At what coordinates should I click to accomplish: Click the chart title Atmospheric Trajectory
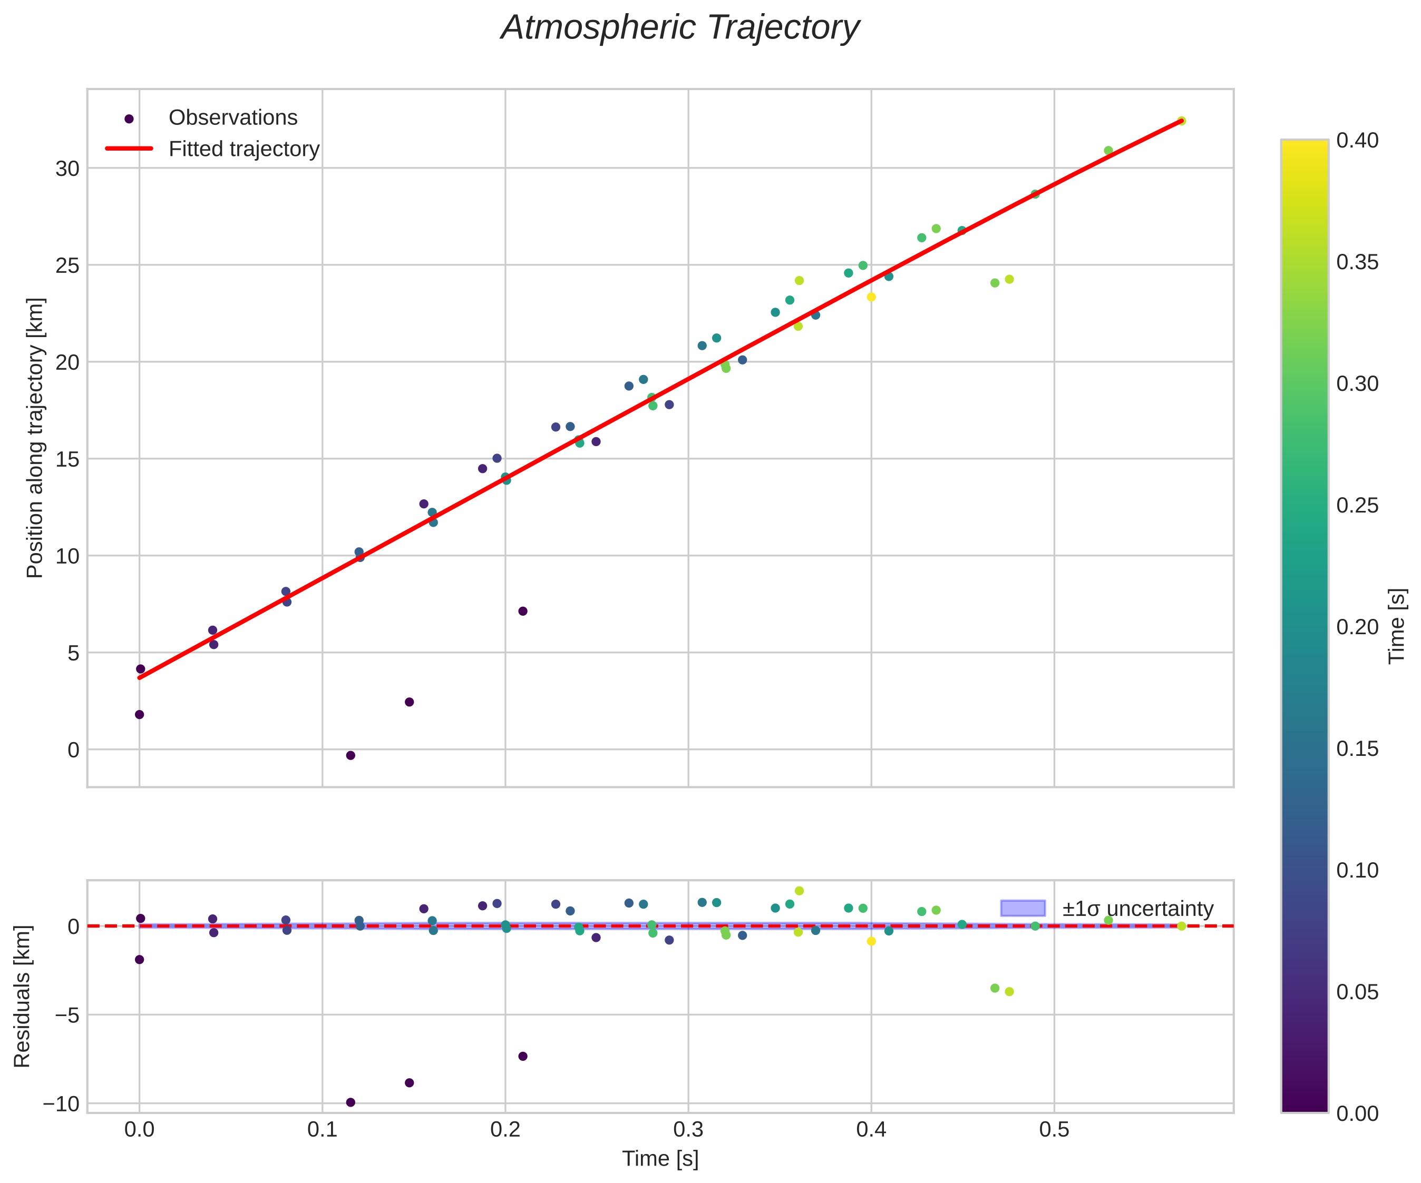coord(679,28)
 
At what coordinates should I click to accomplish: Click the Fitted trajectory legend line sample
coord(129,149)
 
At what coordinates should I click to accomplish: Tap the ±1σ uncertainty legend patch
coord(1023,909)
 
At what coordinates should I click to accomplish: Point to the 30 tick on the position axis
coord(67,169)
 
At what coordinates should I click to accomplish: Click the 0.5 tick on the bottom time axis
coord(1054,1129)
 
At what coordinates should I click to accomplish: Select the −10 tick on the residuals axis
coord(60,1104)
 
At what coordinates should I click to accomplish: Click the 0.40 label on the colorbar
coord(1357,141)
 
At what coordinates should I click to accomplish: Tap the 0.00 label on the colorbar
coord(1357,1113)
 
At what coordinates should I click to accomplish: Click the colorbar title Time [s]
coord(1397,626)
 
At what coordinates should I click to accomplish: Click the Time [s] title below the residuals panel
coord(660,1159)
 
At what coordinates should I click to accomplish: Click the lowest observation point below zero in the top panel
coord(351,755)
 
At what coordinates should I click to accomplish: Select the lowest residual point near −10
coord(351,1102)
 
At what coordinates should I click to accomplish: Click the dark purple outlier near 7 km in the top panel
coord(522,612)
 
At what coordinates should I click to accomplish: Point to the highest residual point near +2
coord(799,891)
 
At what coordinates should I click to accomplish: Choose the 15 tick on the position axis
coord(67,459)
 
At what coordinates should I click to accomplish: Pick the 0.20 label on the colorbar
coord(1357,627)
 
